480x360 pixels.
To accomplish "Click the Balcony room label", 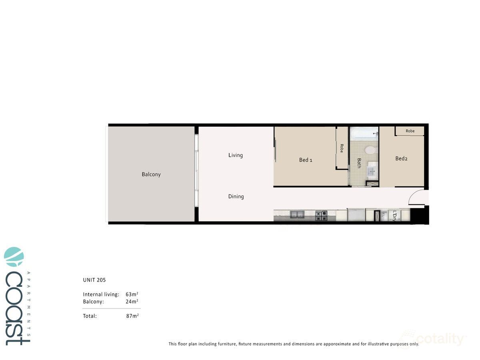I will click(151, 174).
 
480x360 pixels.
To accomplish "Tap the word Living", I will click(236, 155).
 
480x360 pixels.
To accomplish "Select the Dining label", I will click(236, 196).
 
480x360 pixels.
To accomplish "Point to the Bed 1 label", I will click(306, 160).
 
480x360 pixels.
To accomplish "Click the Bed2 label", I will click(401, 158).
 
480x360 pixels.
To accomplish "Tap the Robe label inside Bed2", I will click(410, 131).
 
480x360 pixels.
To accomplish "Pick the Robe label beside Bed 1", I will click(342, 148).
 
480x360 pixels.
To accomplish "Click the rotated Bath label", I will click(359, 163).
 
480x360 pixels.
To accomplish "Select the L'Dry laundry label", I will click(394, 216).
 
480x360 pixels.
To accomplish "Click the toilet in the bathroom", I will click(370, 150).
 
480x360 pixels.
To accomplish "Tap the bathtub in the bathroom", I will click(364, 132).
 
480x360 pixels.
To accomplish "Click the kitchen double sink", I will click(297, 215).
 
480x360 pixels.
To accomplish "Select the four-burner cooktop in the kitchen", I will click(321, 216).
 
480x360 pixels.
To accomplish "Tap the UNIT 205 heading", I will click(94, 280).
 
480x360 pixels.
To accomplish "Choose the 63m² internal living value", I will click(132, 294).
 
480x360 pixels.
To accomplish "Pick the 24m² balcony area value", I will click(132, 302).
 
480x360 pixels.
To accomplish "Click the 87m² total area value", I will click(132, 316).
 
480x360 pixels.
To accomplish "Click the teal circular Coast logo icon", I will click(14, 257).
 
